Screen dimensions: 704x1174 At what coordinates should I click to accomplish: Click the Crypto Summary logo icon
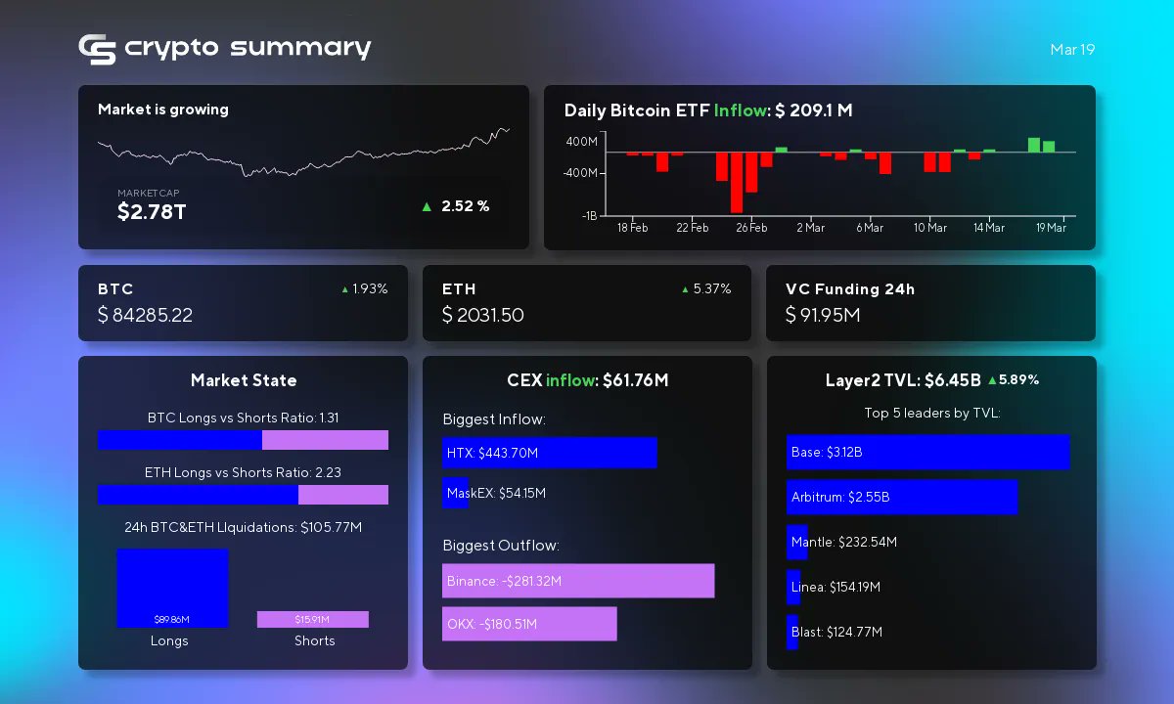(x=97, y=49)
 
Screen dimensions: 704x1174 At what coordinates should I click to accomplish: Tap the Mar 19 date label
(x=1071, y=49)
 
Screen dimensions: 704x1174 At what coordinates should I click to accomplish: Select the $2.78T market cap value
(x=151, y=211)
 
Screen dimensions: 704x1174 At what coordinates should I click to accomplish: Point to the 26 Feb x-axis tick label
(x=751, y=228)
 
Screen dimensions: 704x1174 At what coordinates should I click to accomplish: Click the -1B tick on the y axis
(x=589, y=216)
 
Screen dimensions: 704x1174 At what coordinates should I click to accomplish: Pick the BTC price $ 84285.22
(x=158, y=315)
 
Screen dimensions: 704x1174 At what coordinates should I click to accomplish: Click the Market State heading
(x=243, y=380)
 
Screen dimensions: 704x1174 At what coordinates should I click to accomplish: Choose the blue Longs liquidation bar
(x=172, y=587)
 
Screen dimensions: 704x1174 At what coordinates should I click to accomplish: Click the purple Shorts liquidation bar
(x=312, y=619)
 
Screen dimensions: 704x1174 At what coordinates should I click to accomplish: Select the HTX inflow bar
(x=549, y=453)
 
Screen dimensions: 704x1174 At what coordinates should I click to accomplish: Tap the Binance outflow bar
(x=577, y=581)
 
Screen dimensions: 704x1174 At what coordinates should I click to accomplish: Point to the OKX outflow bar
(x=528, y=624)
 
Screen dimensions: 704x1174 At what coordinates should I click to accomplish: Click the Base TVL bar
(x=927, y=452)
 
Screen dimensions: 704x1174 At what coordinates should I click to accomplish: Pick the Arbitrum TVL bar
(x=901, y=497)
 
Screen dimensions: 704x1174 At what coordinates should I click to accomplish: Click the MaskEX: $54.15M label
(x=496, y=493)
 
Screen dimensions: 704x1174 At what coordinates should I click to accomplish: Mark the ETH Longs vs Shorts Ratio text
(x=243, y=472)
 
